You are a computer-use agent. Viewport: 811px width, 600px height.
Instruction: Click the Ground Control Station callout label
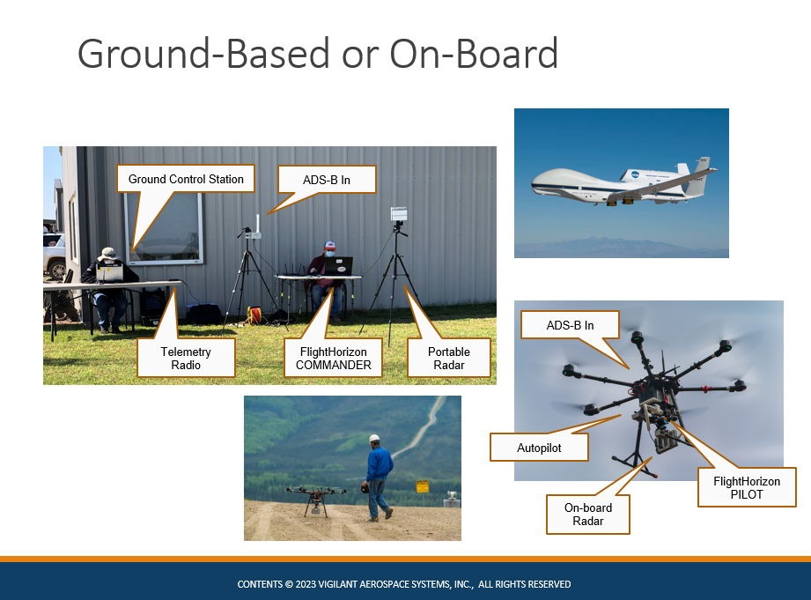(186, 179)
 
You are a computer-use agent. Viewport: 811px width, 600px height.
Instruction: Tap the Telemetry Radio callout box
(186, 359)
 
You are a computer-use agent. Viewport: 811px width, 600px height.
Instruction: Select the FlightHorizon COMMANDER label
(333, 359)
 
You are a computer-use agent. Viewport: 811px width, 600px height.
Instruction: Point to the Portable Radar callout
(448, 359)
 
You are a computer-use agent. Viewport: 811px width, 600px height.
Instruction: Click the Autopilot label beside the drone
(539, 448)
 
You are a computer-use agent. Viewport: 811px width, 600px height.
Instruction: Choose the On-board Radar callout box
(588, 514)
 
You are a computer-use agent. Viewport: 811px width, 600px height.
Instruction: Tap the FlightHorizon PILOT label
(747, 487)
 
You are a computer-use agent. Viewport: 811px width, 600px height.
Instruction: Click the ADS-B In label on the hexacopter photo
(570, 325)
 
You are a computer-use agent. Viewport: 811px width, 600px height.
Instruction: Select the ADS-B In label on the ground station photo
(327, 180)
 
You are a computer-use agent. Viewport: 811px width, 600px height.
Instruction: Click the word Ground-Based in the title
(203, 54)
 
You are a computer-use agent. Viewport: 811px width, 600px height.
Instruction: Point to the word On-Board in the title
(474, 54)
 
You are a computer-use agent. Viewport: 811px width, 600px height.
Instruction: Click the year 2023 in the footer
(306, 584)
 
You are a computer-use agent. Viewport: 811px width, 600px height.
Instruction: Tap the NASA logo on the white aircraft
(636, 175)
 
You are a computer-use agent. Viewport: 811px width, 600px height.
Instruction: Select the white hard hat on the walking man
(374, 439)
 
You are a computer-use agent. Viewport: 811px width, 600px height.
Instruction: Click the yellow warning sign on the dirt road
(423, 486)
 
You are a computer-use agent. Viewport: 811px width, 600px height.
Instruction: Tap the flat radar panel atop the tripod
(399, 214)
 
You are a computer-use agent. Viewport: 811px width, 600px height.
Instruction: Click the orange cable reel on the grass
(254, 315)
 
